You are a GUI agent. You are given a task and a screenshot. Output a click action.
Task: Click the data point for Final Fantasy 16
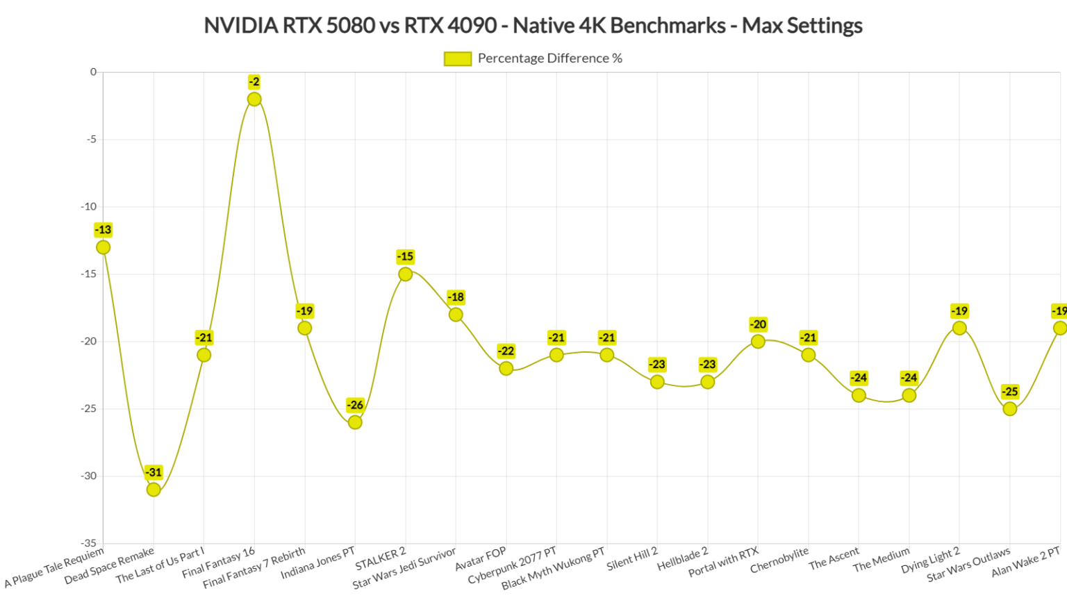point(254,99)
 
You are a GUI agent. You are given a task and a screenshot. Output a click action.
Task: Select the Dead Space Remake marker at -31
point(154,490)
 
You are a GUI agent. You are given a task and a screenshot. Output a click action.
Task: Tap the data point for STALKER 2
point(405,274)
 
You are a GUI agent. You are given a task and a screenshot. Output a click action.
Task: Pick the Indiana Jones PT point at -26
point(355,422)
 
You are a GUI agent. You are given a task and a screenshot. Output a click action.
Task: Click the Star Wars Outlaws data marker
point(1010,409)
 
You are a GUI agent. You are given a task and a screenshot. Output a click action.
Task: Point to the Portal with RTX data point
point(758,342)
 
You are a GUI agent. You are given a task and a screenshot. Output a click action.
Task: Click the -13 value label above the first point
point(103,230)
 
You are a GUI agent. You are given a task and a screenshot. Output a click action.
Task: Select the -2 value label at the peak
point(254,82)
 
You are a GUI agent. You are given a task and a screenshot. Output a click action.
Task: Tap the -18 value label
point(456,297)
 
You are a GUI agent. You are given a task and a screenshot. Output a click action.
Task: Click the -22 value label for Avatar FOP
point(506,351)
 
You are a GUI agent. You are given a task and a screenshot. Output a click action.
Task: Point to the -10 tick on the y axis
point(88,206)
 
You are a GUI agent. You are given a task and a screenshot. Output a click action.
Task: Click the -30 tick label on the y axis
point(88,476)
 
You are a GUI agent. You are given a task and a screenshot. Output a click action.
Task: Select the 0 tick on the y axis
point(93,72)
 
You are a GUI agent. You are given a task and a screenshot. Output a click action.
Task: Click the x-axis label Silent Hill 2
point(631,559)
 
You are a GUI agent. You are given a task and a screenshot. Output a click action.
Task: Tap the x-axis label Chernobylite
point(779,560)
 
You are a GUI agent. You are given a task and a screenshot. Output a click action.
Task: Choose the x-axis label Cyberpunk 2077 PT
point(512,566)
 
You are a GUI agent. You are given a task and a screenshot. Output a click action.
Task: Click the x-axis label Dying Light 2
point(930,560)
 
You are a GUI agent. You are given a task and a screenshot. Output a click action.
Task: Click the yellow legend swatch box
point(458,59)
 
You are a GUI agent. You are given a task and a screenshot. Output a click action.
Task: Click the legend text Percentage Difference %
point(549,58)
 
